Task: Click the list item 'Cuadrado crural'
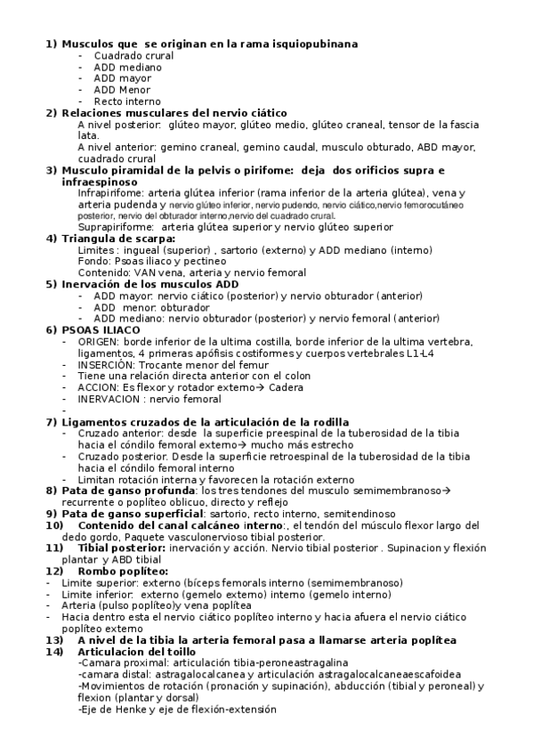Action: click(x=133, y=55)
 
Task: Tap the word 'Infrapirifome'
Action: click(x=109, y=192)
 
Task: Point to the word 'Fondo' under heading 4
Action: click(x=93, y=262)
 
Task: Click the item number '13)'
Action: click(x=54, y=640)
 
